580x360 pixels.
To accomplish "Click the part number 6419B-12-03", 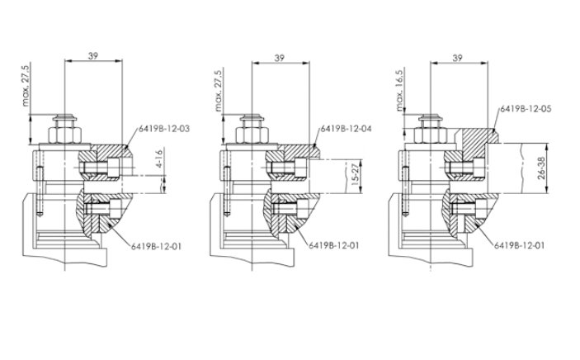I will [x=164, y=129].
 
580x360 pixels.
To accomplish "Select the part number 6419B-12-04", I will [x=346, y=129].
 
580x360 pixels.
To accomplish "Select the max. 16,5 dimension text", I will [x=399, y=91].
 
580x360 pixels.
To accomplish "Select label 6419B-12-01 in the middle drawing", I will [x=334, y=245].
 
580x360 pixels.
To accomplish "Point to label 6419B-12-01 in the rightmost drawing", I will [x=520, y=245].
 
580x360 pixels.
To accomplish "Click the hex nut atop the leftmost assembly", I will [x=63, y=132].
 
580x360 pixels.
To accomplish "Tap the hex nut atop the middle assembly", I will [x=250, y=132].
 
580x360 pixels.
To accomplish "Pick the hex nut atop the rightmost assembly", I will [x=427, y=131].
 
